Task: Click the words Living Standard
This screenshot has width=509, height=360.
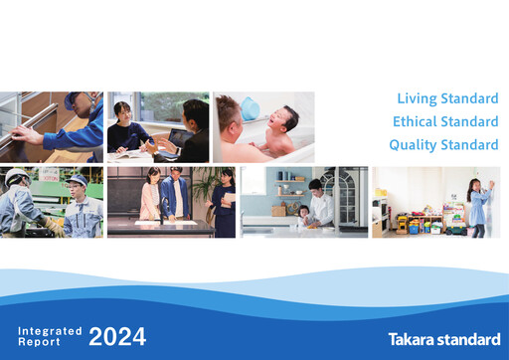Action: [447, 98]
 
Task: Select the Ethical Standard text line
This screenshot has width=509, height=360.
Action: [443, 121]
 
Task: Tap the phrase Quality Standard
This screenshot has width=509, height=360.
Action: [443, 144]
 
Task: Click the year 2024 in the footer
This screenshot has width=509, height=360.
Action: [117, 336]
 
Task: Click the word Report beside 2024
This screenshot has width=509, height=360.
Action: [40, 341]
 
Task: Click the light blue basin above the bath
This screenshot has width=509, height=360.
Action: [250, 105]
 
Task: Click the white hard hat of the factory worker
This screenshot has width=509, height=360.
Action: [16, 176]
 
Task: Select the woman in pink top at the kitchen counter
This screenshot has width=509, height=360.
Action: [150, 194]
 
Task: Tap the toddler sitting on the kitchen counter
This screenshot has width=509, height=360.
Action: [303, 213]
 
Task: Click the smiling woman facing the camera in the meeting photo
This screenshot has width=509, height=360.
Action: [124, 119]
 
